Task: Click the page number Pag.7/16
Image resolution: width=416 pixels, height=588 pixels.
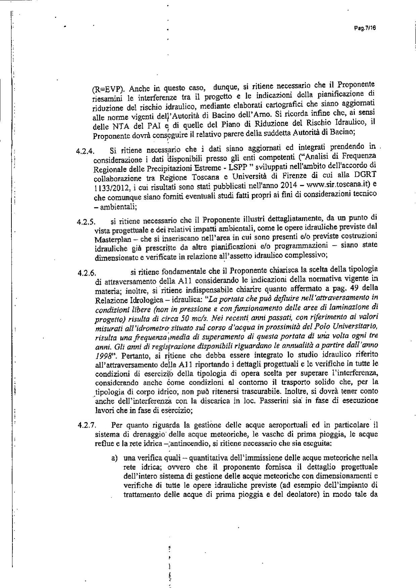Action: coord(365,29)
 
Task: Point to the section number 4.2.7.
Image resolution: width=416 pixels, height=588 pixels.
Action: coord(87,425)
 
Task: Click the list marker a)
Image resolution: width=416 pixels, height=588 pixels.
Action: coord(116,458)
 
